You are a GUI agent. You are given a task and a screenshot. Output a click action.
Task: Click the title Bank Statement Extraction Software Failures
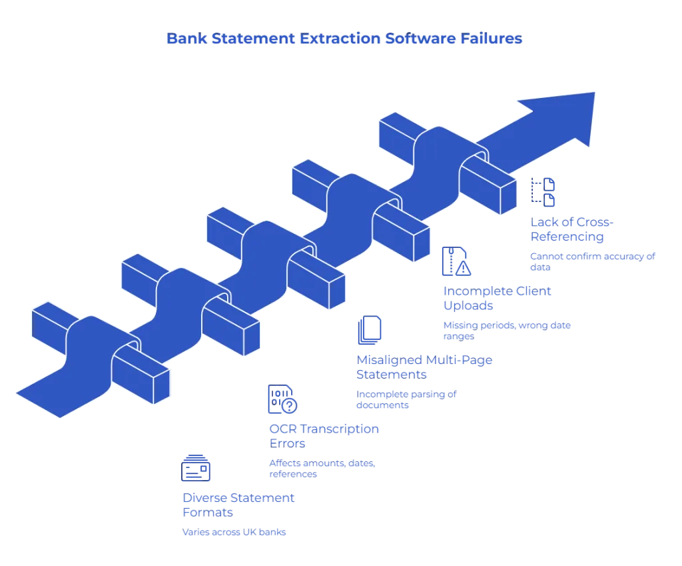345,40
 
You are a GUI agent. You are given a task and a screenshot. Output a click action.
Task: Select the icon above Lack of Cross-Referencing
543,191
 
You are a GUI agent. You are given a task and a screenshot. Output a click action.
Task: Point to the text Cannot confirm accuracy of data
591,260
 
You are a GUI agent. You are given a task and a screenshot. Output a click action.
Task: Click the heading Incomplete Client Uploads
498,298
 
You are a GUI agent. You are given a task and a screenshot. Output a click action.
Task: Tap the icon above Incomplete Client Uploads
456,261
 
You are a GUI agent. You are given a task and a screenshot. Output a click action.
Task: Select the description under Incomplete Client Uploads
508,330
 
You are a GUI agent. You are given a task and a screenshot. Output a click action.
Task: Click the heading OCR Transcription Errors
324,435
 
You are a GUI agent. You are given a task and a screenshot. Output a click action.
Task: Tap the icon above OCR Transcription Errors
282,399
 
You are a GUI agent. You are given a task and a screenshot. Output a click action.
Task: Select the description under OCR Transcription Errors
322,469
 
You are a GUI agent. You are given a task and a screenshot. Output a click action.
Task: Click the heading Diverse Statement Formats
239,505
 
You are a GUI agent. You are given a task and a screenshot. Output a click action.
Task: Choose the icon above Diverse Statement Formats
196,469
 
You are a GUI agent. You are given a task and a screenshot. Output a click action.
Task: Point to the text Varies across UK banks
234,533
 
